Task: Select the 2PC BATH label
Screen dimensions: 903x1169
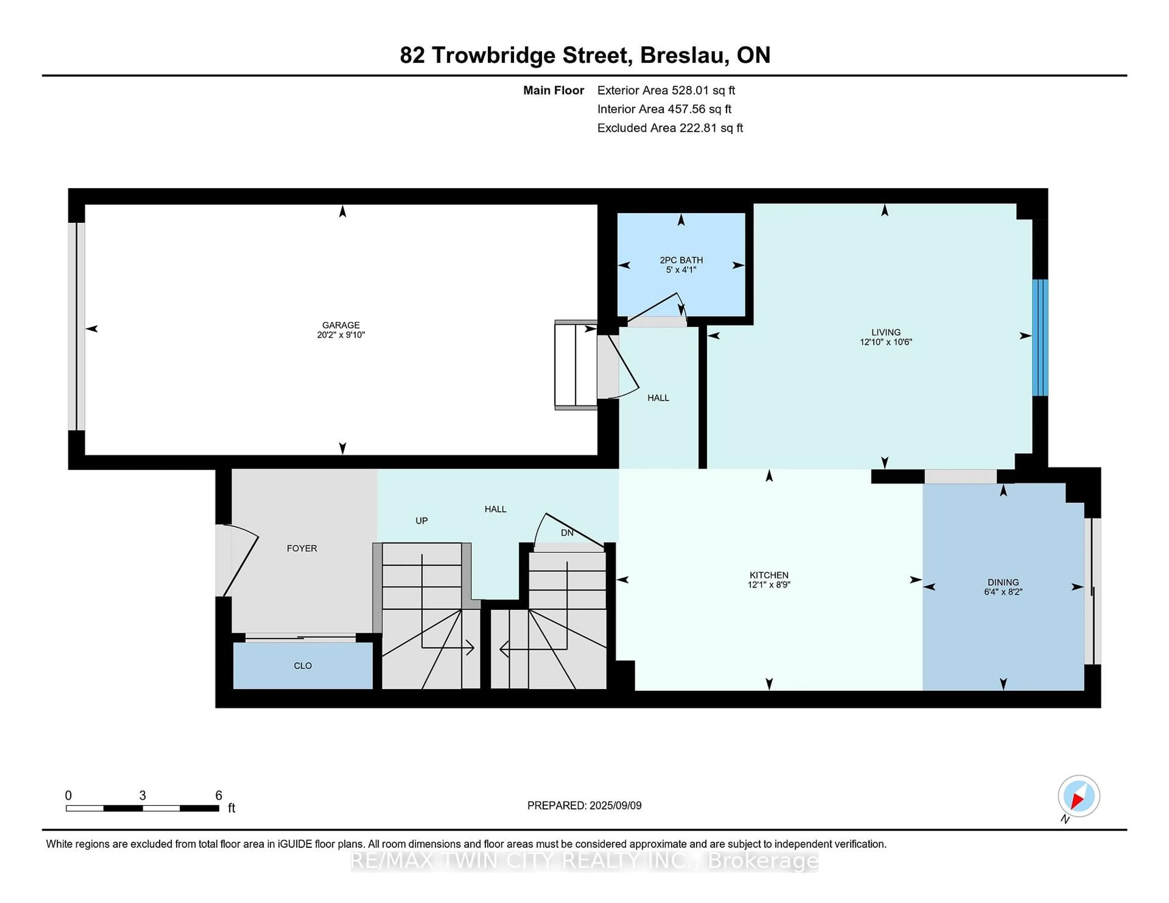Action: coord(681,260)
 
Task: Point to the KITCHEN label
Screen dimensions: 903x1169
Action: coord(769,575)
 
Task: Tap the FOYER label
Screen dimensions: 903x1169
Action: coord(302,548)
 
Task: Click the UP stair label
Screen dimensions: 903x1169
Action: coord(421,521)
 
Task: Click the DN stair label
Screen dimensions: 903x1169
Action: coord(567,533)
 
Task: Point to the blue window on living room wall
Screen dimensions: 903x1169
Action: coord(1040,337)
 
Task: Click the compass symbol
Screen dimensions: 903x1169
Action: coord(1079,796)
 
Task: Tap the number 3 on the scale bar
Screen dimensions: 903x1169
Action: coord(142,796)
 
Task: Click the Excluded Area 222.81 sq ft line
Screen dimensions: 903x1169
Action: coord(670,128)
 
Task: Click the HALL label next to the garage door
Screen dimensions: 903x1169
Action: coord(658,397)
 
